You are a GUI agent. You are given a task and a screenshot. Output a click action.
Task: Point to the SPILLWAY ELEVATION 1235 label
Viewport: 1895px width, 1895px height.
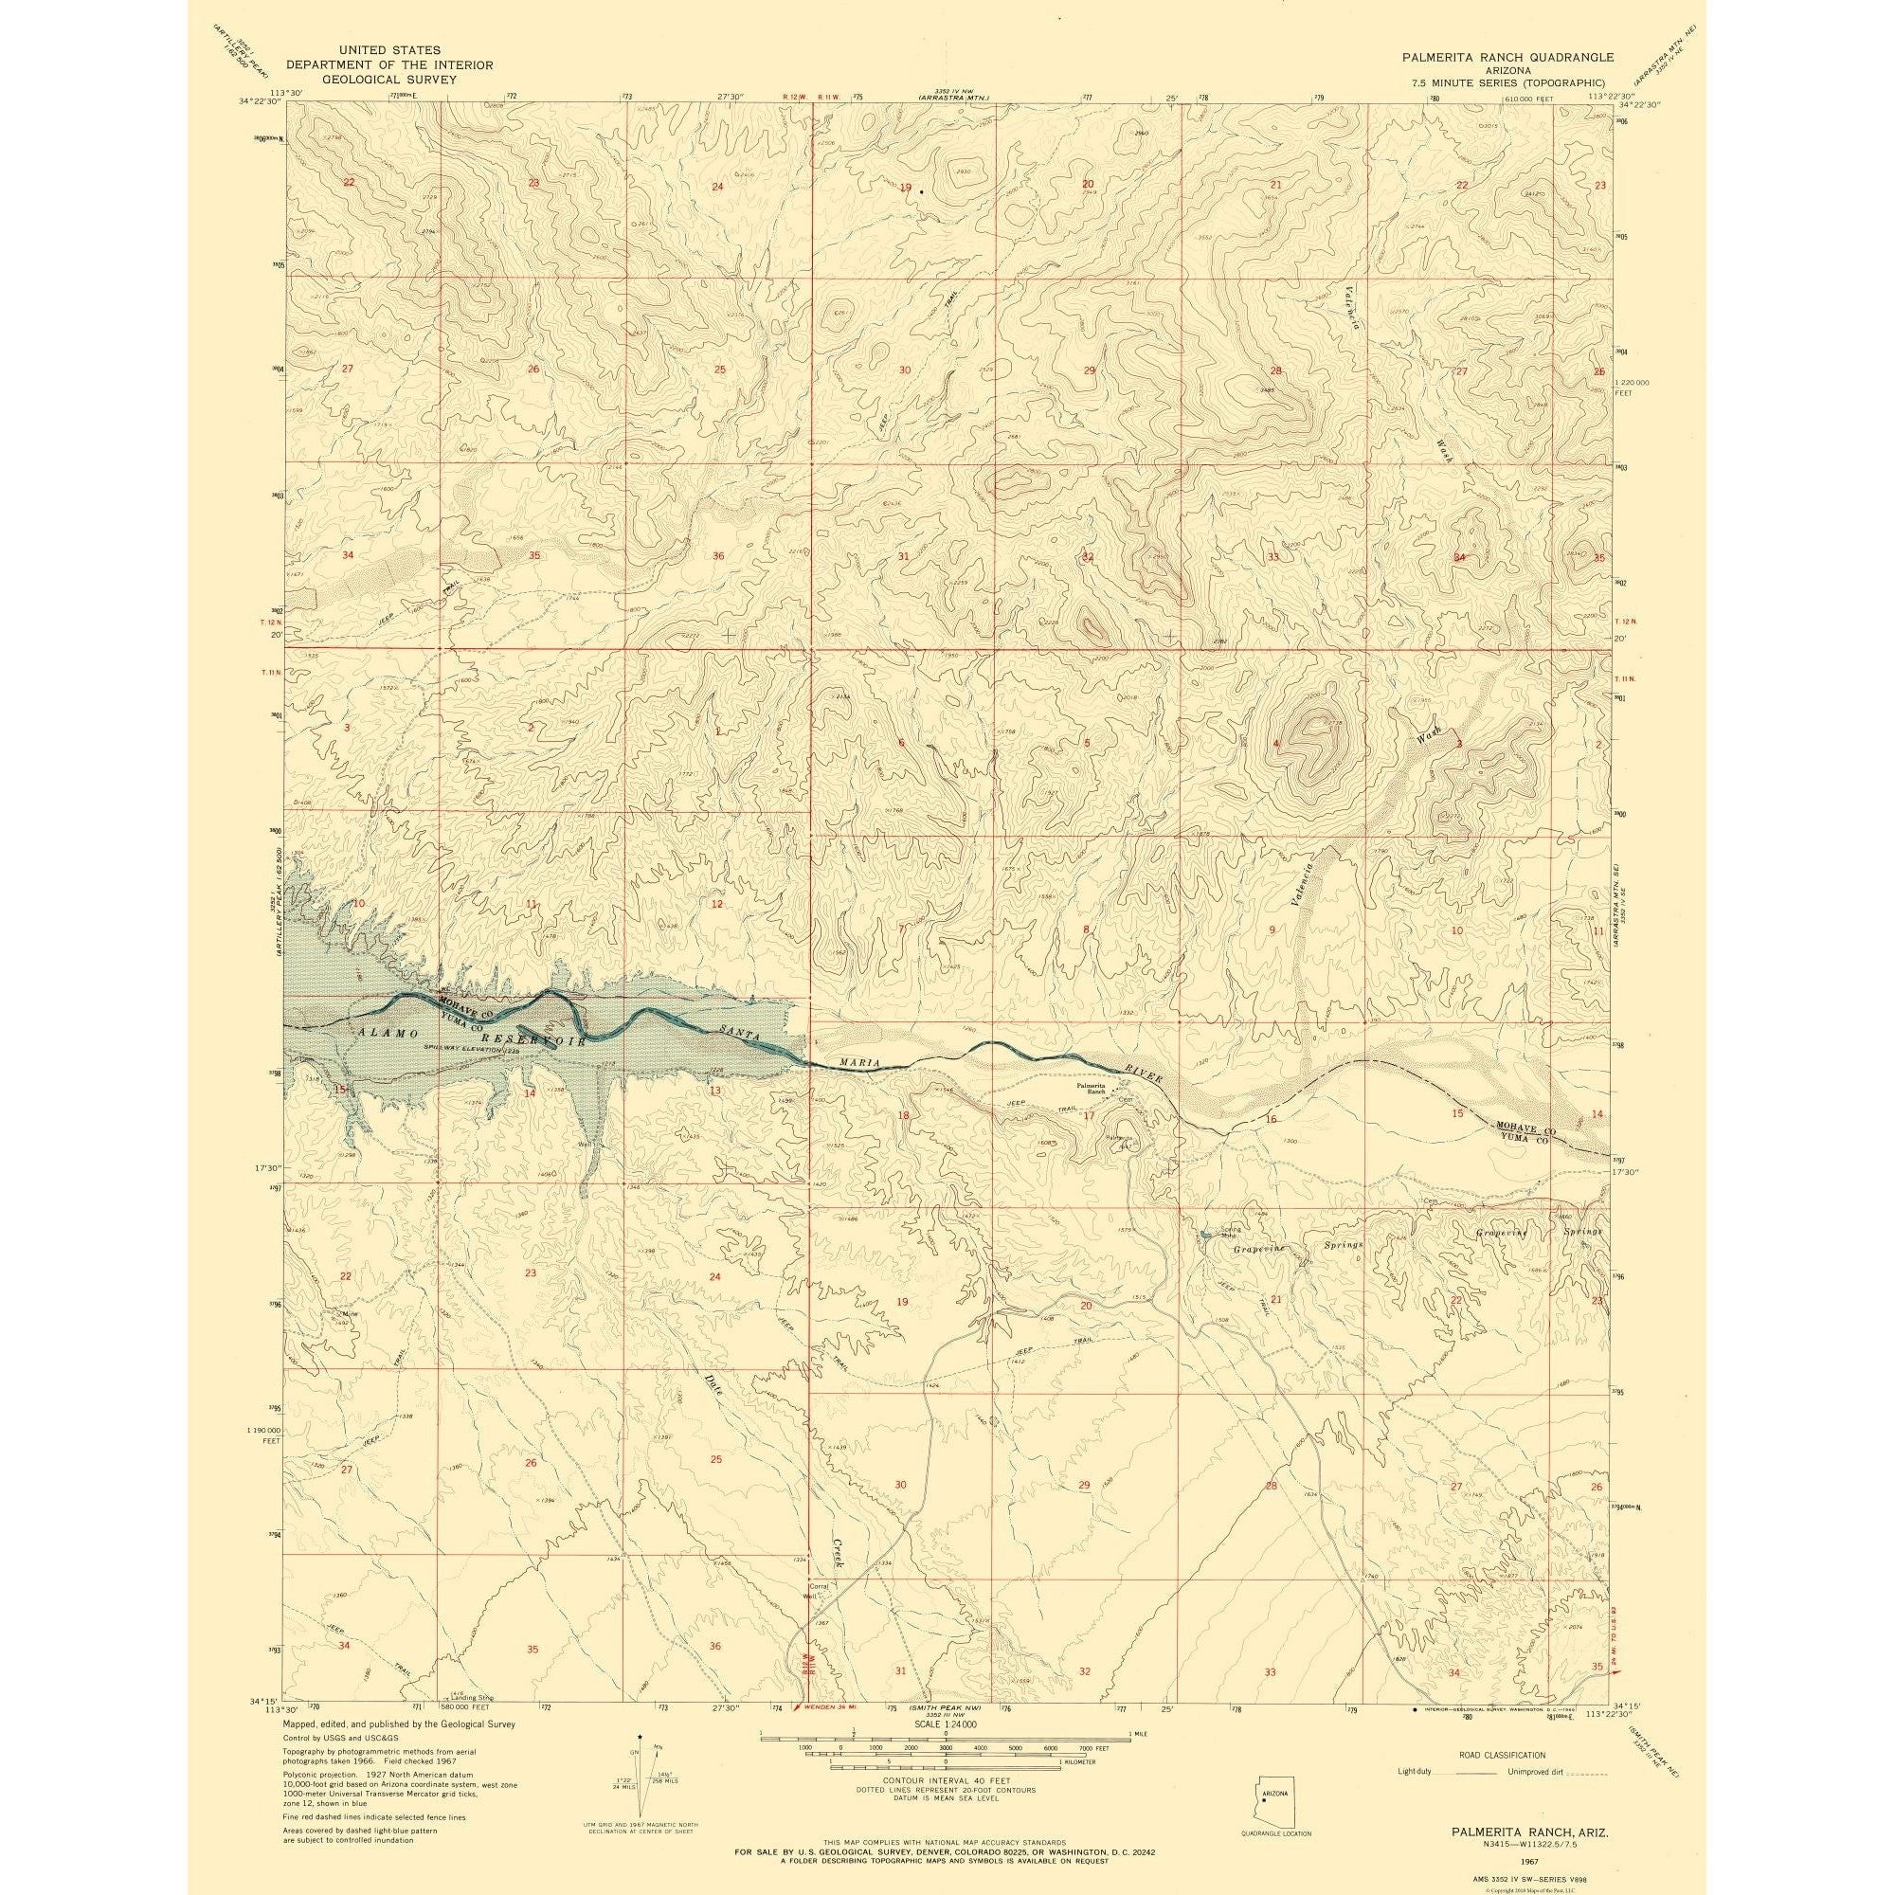tap(471, 1051)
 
